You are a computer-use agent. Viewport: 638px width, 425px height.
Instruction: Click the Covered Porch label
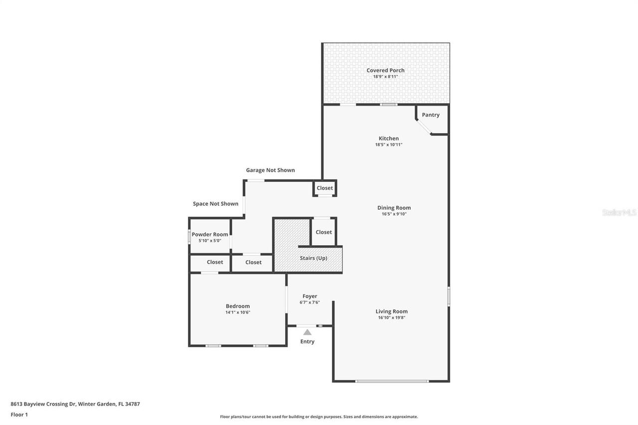point(385,70)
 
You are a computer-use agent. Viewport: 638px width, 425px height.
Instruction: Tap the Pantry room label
point(431,115)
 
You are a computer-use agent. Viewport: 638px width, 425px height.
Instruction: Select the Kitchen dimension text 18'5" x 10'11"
point(388,144)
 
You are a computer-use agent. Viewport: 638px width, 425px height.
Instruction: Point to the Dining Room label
point(394,208)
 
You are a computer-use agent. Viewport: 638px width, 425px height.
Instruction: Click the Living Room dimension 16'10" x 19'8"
point(391,317)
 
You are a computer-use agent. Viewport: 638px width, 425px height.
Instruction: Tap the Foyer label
point(310,296)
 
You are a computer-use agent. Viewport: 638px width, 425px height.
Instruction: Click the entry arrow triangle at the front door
point(308,332)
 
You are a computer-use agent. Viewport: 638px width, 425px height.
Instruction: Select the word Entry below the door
point(307,341)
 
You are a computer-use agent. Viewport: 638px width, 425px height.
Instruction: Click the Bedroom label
point(237,306)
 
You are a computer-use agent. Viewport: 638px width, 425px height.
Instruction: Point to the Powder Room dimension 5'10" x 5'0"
point(209,241)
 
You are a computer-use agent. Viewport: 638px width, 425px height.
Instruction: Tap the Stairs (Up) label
point(314,258)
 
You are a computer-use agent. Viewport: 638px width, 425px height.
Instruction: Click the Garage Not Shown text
point(270,170)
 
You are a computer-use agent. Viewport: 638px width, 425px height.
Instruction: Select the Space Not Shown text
point(215,204)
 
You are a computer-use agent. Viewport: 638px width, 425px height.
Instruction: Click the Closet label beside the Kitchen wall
point(324,188)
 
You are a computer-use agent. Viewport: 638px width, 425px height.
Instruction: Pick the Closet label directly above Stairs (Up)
point(323,232)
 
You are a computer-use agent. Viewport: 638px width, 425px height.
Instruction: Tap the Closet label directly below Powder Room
point(215,262)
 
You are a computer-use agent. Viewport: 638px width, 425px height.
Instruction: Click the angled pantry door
point(424,127)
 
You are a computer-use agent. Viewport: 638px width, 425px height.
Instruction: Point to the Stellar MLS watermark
point(619,212)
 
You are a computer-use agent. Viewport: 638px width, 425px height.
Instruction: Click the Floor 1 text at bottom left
point(19,414)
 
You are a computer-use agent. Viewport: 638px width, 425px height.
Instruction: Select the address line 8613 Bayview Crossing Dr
point(75,404)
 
